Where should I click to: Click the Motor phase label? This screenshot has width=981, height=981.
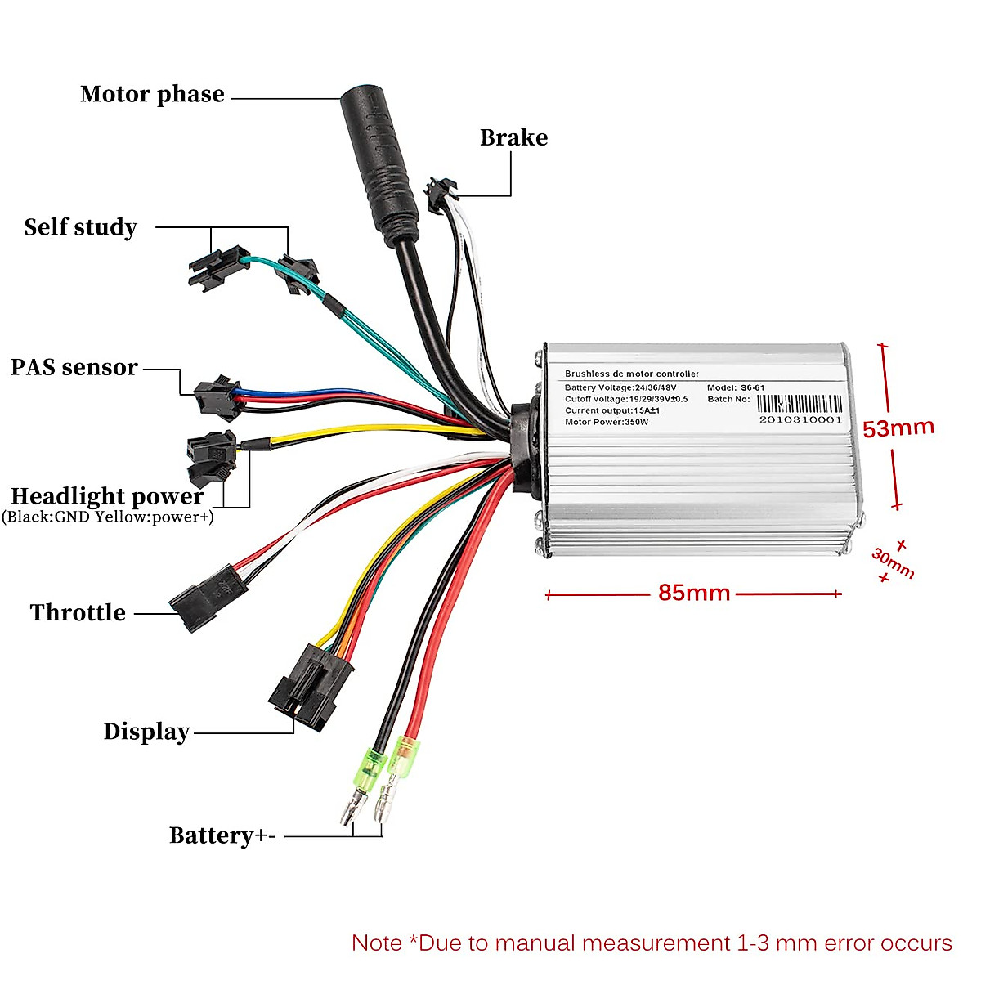click(x=152, y=95)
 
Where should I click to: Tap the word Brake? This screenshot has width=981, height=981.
click(x=513, y=137)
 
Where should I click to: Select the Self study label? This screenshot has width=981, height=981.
click(x=80, y=227)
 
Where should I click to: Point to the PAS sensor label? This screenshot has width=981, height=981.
click(x=74, y=367)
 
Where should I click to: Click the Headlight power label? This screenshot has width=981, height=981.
click(x=107, y=496)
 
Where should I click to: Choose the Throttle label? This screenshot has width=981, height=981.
click(x=78, y=612)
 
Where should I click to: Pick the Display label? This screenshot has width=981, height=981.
click(x=146, y=732)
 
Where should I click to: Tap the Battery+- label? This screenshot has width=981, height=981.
click(x=222, y=835)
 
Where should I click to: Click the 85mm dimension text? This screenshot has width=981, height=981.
click(x=694, y=593)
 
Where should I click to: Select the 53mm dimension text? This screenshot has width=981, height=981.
click(x=898, y=428)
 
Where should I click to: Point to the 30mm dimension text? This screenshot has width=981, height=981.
click(x=893, y=562)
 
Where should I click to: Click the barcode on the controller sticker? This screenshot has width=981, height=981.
click(x=799, y=404)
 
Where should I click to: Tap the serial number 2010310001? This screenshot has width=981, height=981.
click(x=800, y=419)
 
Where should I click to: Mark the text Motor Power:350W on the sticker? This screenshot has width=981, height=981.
click(x=606, y=423)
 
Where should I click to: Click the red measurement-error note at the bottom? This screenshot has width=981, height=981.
click(x=652, y=943)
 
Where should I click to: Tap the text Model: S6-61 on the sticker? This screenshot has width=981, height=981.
click(x=736, y=388)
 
